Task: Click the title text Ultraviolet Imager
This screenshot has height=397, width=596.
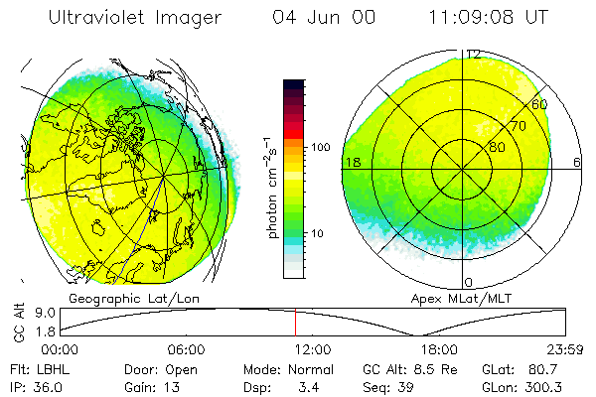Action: click(x=135, y=18)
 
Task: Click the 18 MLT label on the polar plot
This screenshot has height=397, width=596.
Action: click(x=352, y=161)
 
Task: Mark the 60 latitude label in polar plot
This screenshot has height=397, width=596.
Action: click(x=540, y=103)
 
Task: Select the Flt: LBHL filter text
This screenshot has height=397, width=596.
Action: click(x=34, y=368)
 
